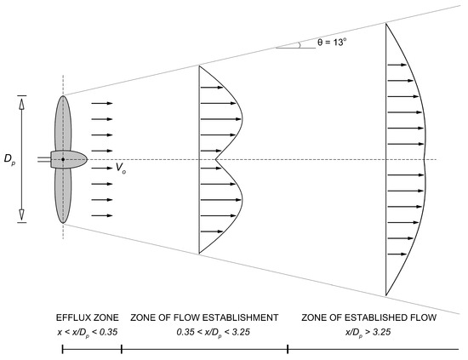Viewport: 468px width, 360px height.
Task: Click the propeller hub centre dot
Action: [x=63, y=159]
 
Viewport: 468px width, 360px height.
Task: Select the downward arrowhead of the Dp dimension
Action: [x=22, y=218]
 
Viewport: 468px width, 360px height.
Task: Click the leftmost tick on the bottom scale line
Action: [x=63, y=348]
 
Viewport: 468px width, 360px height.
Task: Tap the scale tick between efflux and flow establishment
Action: [x=122, y=348]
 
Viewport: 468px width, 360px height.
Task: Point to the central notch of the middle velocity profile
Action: [x=218, y=159]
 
